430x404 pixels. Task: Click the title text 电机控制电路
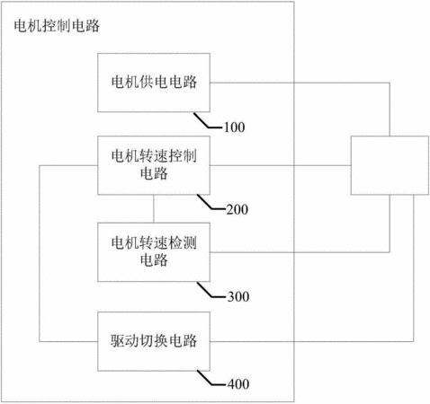click(x=57, y=26)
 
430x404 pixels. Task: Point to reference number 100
click(x=235, y=127)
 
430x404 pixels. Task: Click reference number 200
click(x=237, y=209)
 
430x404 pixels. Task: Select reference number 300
click(x=238, y=296)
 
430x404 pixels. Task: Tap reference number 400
click(x=238, y=384)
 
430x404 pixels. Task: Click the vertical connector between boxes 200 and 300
click(x=154, y=209)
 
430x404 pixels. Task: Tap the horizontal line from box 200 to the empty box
click(x=281, y=165)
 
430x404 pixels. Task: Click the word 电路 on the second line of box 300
click(x=154, y=260)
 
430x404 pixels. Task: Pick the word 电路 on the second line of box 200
click(x=154, y=173)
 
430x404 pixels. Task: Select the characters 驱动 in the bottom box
click(x=124, y=340)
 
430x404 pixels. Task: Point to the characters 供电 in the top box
click(x=154, y=82)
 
